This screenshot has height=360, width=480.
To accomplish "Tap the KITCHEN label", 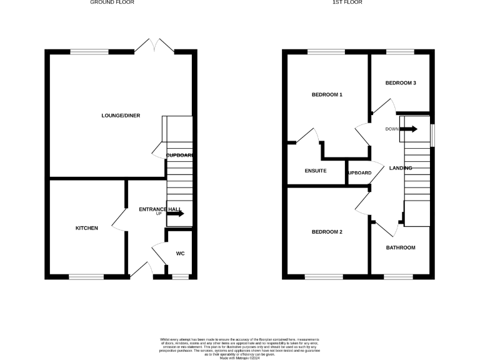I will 87,228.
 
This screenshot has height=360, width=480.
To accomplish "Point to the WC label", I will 180,253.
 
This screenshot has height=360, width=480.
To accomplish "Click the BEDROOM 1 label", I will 327,95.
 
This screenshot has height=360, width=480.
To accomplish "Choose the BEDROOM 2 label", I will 327,232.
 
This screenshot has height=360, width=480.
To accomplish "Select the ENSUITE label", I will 316,171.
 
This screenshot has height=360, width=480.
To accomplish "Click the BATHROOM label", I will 400,247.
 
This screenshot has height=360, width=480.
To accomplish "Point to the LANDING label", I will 400,168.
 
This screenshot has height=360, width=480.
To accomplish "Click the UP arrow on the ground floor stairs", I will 175,214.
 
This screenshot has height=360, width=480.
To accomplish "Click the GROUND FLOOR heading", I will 112,2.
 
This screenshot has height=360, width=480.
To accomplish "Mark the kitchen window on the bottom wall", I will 86,276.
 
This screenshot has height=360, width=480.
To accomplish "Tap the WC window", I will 181,276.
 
